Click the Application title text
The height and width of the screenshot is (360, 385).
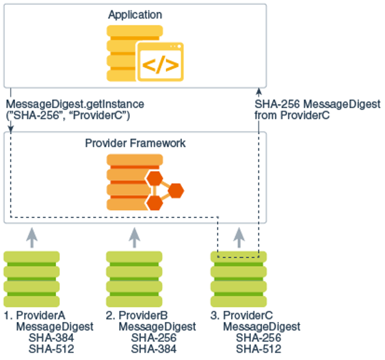coord(135,14)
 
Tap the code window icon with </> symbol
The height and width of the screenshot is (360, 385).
coord(161,61)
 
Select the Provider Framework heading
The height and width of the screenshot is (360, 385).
coord(135,143)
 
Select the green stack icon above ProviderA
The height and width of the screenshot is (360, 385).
coord(31,276)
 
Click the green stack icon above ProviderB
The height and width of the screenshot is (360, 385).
coord(134,276)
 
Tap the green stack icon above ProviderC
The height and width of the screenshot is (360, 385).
coord(238,276)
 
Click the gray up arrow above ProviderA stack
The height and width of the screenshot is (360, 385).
coord(31,236)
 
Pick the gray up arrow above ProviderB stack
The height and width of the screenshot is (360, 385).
coord(134,236)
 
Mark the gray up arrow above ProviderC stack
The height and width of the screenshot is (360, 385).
coord(238,236)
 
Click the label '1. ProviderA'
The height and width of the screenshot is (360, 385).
coord(35,315)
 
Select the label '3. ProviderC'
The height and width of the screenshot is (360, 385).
coord(242,315)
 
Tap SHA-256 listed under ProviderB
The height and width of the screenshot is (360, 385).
coord(154,338)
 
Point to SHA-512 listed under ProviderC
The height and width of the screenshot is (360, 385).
coord(258,349)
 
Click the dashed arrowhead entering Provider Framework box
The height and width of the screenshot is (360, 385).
coord(10,128)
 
